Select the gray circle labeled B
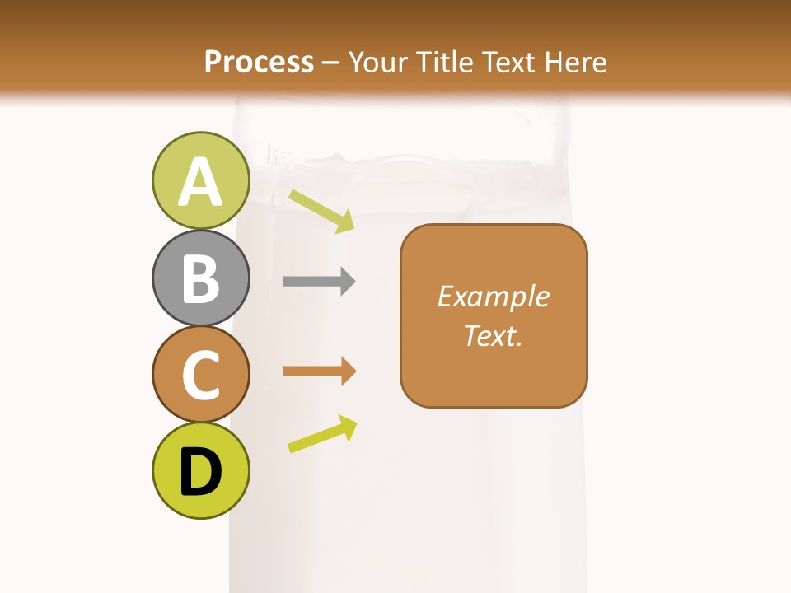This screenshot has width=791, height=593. point(201,278)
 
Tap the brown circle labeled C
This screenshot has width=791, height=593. point(201,374)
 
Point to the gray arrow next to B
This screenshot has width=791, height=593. point(319,282)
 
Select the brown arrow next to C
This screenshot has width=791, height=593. point(320,371)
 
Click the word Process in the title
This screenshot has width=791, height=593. point(259,62)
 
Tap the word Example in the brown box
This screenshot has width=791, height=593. point(494,296)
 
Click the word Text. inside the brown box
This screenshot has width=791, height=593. point(494,335)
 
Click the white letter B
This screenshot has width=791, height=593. point(201,278)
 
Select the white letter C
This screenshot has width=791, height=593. point(201,375)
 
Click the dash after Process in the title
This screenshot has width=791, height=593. point(331,63)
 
